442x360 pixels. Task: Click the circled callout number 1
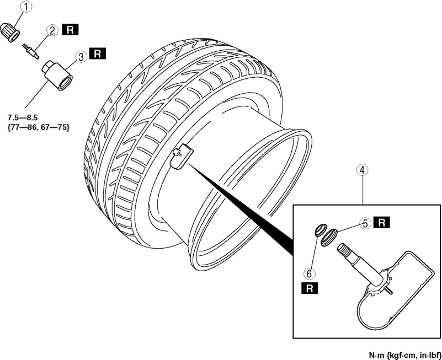tap(26, 7)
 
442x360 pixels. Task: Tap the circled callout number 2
tap(52, 30)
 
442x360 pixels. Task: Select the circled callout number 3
tap(81, 57)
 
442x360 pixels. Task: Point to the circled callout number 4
tap(362, 170)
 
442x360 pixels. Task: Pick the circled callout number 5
tap(366, 224)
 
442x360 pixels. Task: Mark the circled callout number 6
tap(309, 273)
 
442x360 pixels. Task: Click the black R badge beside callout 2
tap(70, 30)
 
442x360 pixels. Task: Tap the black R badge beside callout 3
tap(98, 53)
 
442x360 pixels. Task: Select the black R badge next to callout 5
tap(382, 222)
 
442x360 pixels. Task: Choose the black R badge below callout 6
tap(310, 288)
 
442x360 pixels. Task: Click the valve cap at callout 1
tap(10, 33)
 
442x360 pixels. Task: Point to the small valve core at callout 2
tap(30, 51)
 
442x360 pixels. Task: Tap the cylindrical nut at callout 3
tap(57, 75)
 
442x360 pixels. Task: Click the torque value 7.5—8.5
tap(23, 117)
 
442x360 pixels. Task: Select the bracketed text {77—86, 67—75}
tap(38, 127)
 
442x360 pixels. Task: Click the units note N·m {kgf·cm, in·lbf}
tap(405, 355)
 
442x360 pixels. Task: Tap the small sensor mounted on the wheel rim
tap(182, 157)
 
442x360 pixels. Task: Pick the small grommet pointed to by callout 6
tap(320, 229)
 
